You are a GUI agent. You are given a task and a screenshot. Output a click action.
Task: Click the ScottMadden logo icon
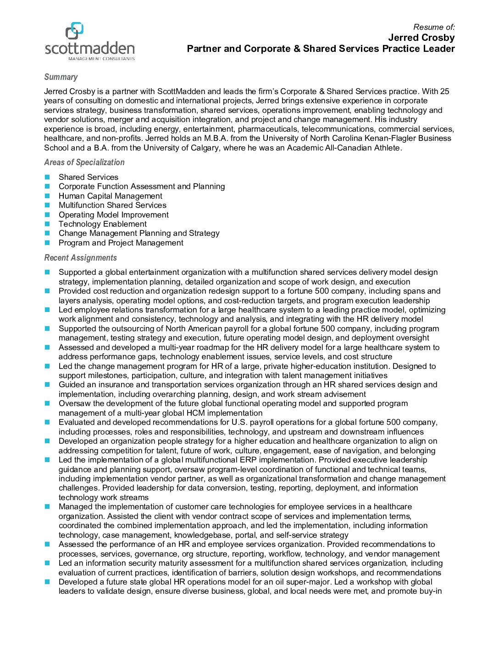click(x=74, y=31)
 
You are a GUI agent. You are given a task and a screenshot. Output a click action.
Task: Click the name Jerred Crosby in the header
click(x=421, y=38)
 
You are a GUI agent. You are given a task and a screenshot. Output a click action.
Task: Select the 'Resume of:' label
click(x=433, y=27)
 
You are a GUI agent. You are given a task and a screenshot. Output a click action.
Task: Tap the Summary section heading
click(x=61, y=77)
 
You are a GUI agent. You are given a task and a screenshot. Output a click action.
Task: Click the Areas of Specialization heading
click(x=84, y=162)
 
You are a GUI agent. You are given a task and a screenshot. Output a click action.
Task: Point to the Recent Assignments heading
click(x=80, y=258)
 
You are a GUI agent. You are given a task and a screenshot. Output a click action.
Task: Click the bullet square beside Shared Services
click(x=47, y=177)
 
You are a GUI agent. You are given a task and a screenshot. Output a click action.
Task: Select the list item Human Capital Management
click(x=110, y=196)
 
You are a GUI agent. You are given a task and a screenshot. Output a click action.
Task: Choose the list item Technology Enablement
click(x=102, y=224)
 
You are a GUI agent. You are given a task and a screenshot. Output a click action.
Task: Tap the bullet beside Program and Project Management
click(x=47, y=243)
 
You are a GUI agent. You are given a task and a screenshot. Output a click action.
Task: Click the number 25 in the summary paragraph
click(x=444, y=91)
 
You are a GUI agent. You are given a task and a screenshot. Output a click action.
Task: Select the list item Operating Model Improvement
click(x=113, y=215)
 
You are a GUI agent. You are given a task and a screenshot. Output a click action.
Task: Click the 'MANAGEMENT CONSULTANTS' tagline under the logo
click(x=101, y=59)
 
